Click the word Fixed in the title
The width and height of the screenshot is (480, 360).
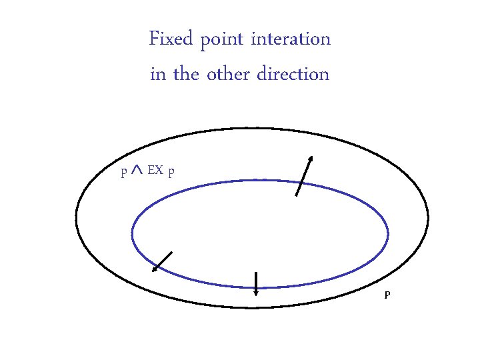(169, 39)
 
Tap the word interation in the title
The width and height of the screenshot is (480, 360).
(291, 39)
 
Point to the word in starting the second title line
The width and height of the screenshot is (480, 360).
(158, 73)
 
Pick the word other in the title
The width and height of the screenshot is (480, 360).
(227, 73)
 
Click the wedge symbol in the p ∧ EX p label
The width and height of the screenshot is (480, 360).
(137, 171)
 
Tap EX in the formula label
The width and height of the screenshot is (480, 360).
(155, 171)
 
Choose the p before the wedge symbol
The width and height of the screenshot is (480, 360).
(123, 173)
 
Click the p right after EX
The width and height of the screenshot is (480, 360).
(172, 173)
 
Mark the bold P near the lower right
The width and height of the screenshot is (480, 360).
(387, 295)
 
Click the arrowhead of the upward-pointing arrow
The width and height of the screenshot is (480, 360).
(311, 159)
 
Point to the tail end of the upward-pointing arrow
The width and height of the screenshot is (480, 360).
(296, 196)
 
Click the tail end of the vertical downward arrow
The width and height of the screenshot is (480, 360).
(256, 272)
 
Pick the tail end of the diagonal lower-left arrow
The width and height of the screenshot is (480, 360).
(172, 252)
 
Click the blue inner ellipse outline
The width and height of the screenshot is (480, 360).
(132, 233)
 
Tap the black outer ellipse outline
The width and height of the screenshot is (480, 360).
(76, 218)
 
